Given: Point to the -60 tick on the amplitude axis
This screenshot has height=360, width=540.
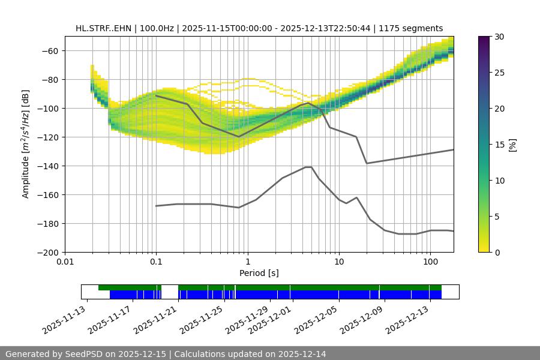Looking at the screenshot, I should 52,50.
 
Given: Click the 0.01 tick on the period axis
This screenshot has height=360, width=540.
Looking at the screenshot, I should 65,262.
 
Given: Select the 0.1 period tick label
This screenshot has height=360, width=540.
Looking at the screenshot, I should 156,262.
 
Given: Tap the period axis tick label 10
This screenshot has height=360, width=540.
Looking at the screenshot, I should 338,262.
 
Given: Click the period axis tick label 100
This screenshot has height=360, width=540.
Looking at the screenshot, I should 430,262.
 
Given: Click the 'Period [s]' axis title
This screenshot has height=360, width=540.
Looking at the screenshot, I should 259,273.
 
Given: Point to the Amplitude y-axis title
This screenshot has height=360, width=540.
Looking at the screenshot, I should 26,144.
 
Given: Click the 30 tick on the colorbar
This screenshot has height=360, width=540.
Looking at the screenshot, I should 499,37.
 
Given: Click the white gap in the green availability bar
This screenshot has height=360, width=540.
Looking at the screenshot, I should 170,287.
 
